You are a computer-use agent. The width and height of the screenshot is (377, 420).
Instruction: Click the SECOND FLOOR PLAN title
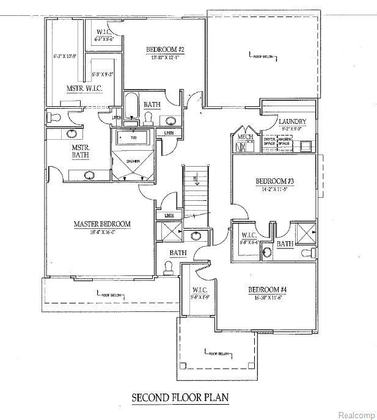(180, 397)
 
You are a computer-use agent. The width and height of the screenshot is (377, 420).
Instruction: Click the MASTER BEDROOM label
(102, 224)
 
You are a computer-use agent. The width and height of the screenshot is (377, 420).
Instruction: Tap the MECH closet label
(245, 137)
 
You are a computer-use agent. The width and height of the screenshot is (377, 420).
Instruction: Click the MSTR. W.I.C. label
(84, 89)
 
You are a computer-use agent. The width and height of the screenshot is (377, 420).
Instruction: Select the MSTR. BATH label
(81, 151)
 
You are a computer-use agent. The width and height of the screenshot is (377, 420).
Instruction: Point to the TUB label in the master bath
(133, 138)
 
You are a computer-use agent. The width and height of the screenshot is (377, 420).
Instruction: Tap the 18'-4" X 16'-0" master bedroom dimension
(102, 232)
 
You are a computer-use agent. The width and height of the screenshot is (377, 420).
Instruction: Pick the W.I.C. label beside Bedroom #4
(199, 290)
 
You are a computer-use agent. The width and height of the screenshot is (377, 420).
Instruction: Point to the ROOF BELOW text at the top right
(263, 57)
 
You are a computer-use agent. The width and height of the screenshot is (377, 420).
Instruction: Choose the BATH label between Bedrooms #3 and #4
(285, 244)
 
